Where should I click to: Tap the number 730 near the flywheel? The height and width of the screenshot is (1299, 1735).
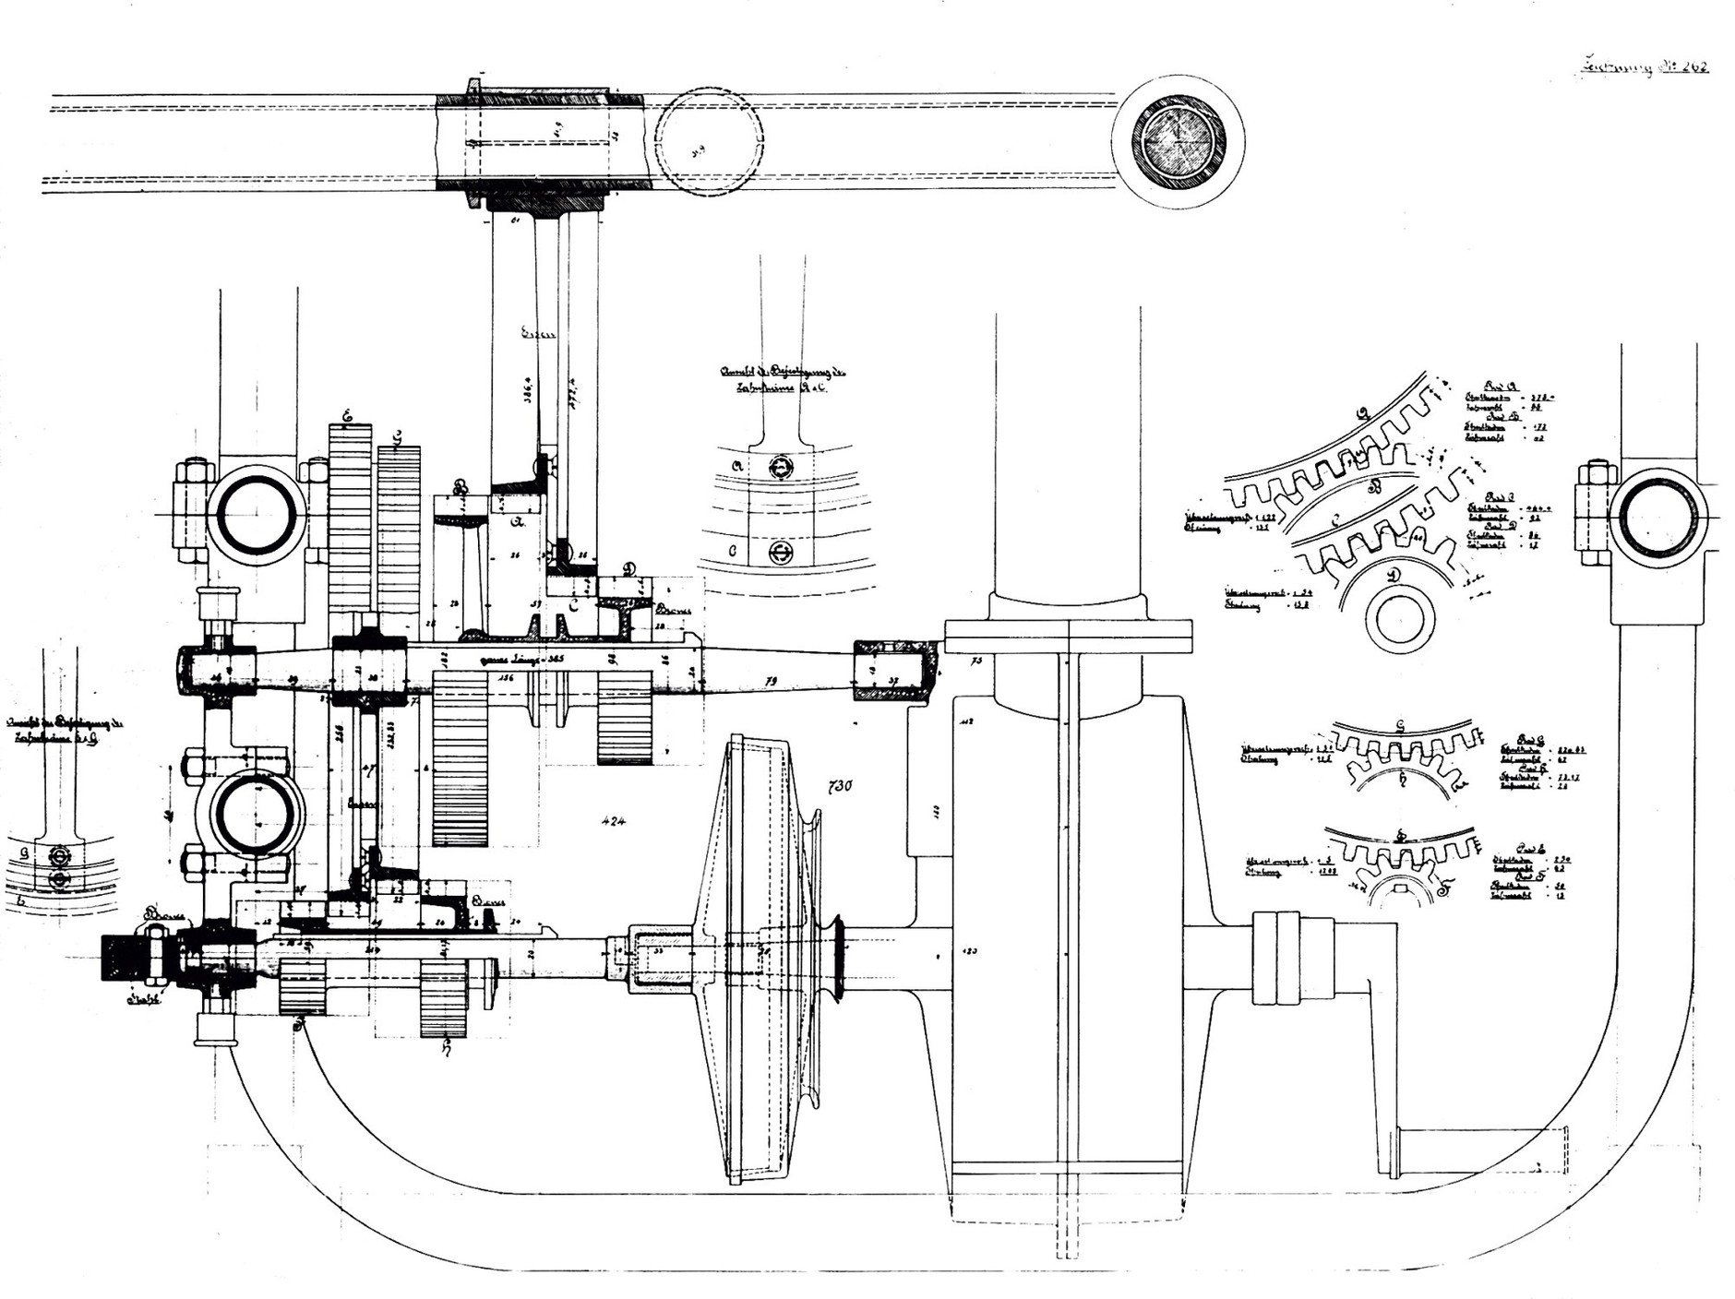839,786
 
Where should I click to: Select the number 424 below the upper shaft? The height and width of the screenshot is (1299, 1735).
612,821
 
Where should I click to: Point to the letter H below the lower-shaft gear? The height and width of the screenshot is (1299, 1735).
445,1045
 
